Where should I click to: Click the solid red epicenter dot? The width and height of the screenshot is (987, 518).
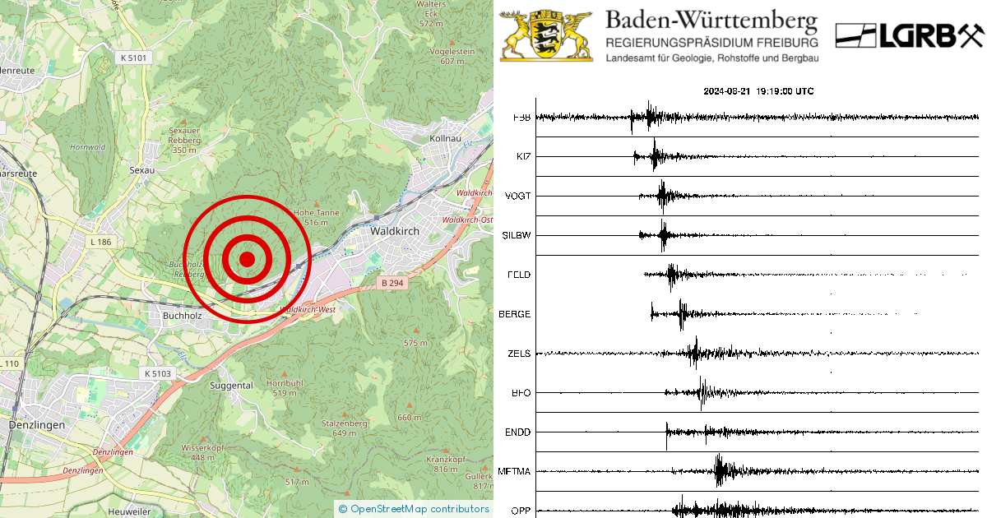247,259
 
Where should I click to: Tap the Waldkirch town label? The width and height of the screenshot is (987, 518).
394,231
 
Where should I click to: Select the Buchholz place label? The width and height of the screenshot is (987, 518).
182,315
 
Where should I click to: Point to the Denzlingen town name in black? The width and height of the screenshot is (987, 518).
36,425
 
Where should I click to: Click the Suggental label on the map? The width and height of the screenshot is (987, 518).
231,385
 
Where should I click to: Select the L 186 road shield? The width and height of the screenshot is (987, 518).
104,242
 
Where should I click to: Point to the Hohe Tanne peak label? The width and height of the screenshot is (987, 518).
316,213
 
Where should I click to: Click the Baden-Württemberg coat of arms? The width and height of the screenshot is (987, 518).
546,35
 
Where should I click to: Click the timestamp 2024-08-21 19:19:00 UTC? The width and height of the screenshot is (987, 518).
758,91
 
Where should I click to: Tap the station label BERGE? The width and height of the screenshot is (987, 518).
515,314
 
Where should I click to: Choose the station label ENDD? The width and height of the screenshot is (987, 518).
517,432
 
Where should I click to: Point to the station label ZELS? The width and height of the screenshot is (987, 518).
519,354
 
